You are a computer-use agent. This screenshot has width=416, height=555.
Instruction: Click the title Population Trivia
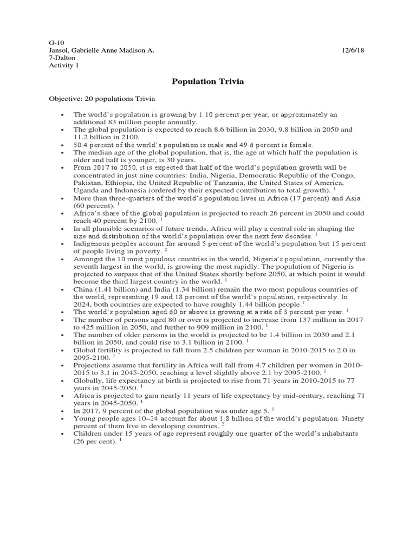point(208,82)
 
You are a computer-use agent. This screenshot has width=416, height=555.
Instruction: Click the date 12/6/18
point(354,50)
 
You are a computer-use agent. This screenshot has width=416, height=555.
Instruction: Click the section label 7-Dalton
point(62,57)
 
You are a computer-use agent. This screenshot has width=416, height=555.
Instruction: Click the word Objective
point(64,99)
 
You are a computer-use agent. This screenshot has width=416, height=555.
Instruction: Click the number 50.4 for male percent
point(82,146)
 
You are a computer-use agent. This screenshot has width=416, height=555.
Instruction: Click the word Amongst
point(88,259)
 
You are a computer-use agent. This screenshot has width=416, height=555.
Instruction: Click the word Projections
point(93,365)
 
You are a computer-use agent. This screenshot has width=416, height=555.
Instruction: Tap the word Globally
point(89,381)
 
